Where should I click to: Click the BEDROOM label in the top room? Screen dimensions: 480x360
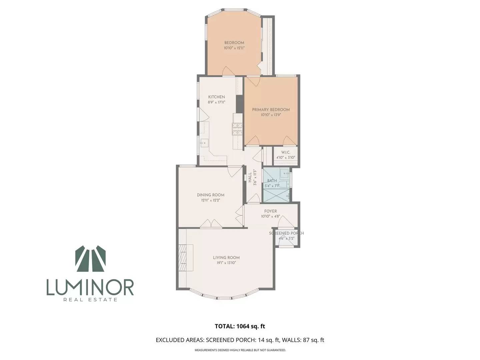tap(234, 43)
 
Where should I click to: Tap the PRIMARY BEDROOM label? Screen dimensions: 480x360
tap(271, 110)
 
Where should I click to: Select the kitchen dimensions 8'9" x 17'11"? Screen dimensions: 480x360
tap(216, 102)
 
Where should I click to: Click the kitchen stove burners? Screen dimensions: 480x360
tap(237, 129)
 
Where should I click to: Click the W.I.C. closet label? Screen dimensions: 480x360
tap(286, 152)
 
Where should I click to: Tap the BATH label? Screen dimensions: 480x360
tap(272, 181)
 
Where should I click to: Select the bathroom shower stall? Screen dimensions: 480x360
tap(276, 195)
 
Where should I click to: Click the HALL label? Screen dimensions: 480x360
tap(250, 178)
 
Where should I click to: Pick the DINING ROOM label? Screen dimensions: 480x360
tap(211, 195)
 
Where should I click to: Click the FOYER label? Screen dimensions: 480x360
tap(271, 211)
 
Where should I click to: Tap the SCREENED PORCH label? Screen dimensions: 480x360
tap(286, 233)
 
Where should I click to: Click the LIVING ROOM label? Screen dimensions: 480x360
tap(226, 258)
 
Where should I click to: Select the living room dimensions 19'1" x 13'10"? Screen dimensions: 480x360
tap(226, 263)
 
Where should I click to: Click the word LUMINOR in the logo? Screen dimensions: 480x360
tap(90, 287)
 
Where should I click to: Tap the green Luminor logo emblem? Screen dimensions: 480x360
tap(91, 259)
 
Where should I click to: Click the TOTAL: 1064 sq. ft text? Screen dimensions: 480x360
tap(240, 326)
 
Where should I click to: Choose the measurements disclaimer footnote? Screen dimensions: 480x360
tap(240, 350)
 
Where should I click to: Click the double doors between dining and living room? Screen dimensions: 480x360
tap(211, 224)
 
